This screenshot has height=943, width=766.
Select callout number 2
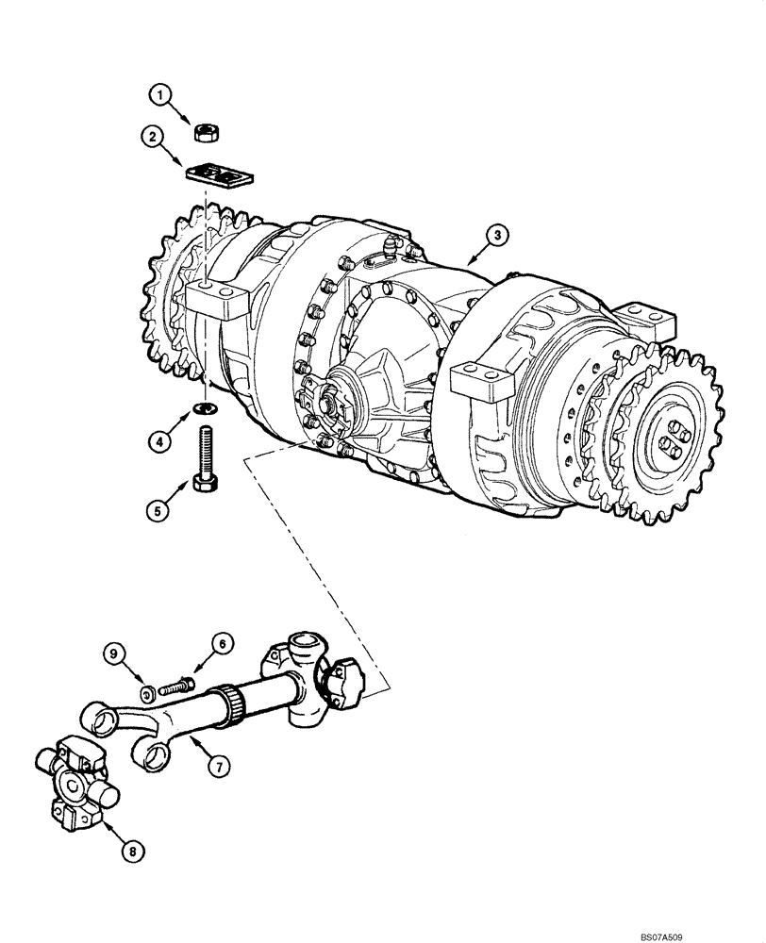coord(148,138)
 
